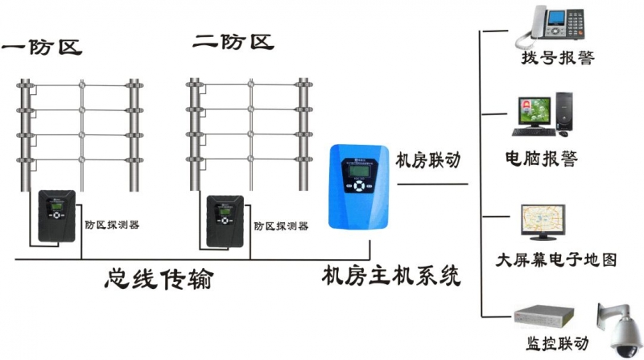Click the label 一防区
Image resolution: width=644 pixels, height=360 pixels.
(42, 46)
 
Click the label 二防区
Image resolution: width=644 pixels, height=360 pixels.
(233, 41)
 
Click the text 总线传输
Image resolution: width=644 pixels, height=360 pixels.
(161, 279)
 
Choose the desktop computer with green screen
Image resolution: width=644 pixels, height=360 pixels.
(537, 114)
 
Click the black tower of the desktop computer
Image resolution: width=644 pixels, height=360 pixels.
(565, 114)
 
